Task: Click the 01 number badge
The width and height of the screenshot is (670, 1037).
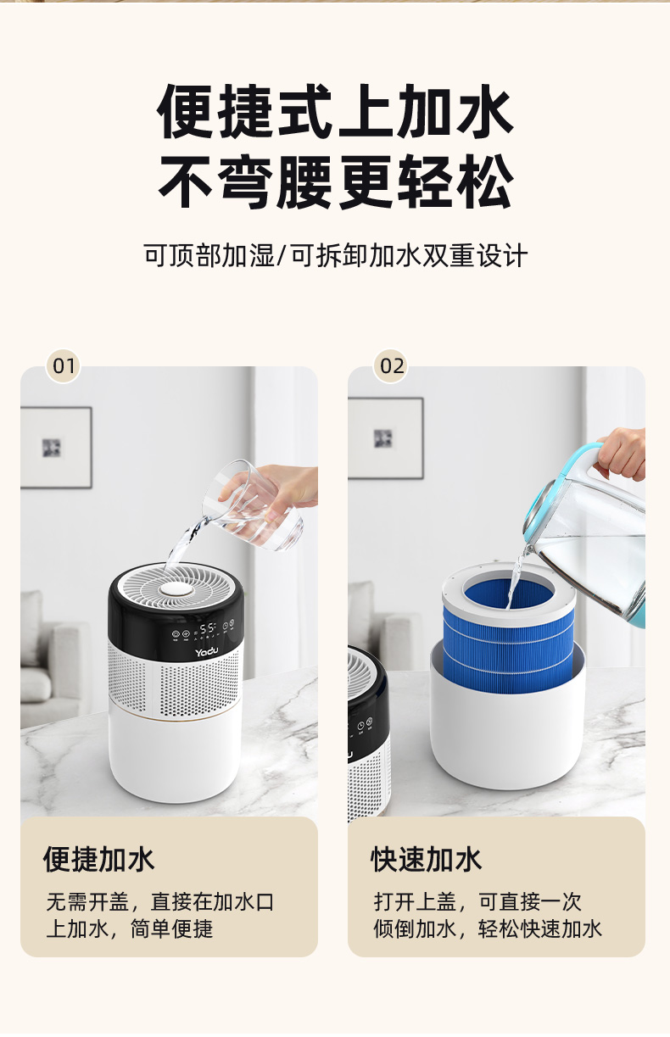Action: (64, 366)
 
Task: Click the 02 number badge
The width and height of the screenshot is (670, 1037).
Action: (391, 366)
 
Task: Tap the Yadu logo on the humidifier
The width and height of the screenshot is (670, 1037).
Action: (206, 652)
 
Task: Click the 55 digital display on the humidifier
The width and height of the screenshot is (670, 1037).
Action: (208, 628)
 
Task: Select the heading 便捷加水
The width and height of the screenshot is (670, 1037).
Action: (98, 860)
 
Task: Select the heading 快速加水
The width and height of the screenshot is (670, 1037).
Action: (426, 860)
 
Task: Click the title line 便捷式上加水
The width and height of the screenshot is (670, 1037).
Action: (335, 112)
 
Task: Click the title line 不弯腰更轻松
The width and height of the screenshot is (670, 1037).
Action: (335, 182)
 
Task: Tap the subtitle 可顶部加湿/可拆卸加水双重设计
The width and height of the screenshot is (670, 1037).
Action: (335, 255)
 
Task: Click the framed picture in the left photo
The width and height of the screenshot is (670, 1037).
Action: (56, 448)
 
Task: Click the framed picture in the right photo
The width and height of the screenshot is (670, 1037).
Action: (385, 438)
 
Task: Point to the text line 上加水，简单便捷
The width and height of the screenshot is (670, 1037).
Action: (129, 929)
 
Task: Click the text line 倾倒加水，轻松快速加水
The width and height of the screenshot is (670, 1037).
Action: (488, 929)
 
